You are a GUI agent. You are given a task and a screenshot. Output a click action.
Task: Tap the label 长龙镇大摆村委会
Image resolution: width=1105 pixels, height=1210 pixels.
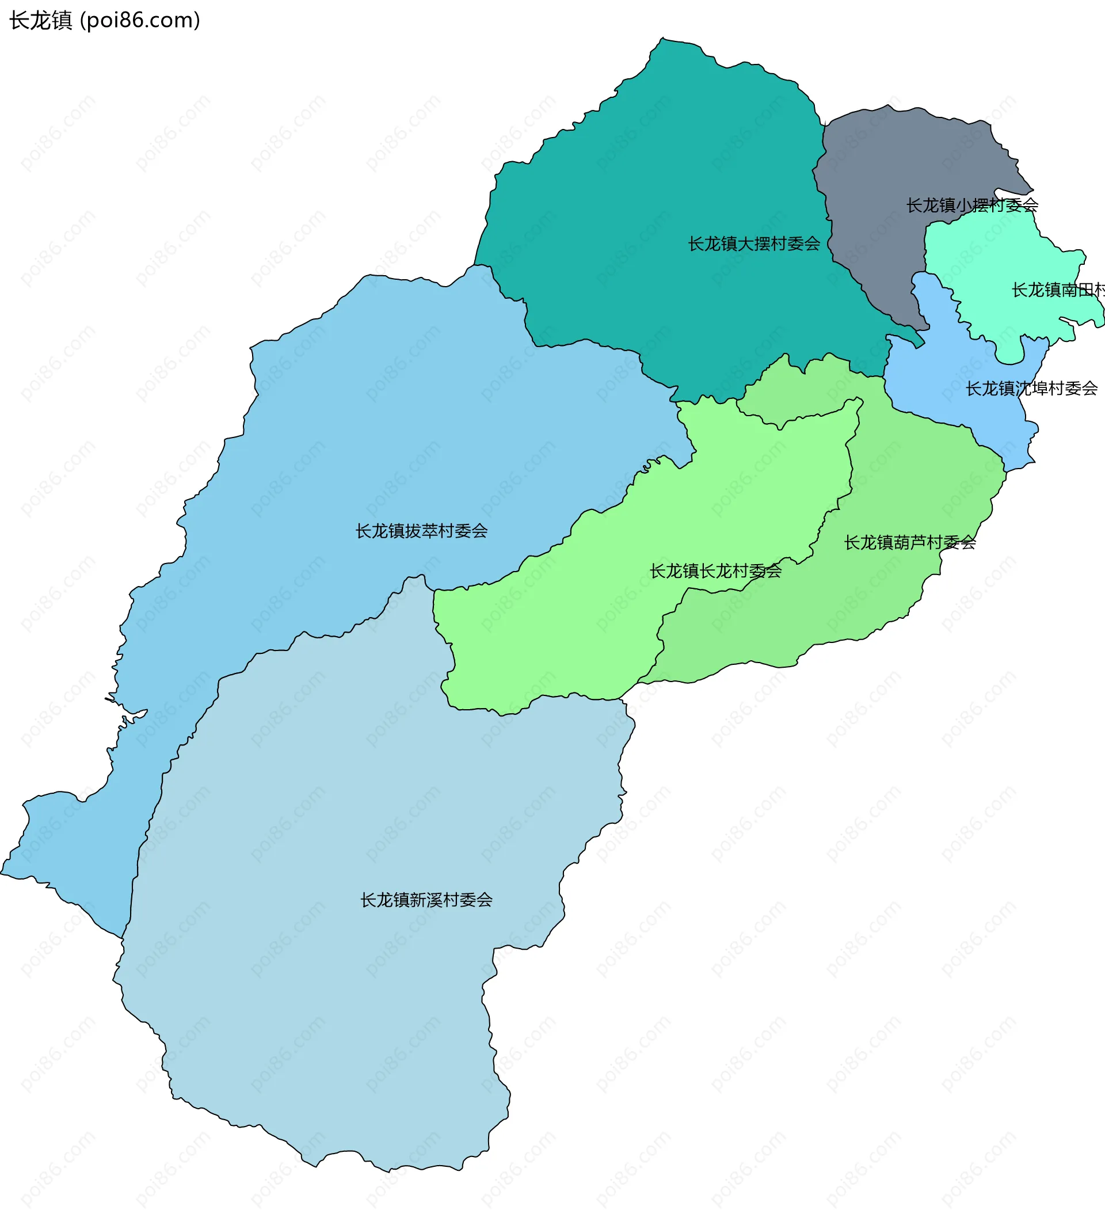pos(754,243)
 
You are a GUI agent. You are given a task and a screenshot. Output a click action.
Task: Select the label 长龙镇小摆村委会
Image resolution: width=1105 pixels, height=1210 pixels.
pos(971,206)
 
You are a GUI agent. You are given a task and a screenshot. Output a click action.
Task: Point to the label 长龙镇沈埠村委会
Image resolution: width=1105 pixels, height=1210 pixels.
pos(1031,389)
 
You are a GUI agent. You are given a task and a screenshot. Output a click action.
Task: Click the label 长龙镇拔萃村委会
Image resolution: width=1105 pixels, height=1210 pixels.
pos(421,531)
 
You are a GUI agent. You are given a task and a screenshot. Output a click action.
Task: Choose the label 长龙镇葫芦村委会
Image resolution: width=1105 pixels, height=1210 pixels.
pos(910,543)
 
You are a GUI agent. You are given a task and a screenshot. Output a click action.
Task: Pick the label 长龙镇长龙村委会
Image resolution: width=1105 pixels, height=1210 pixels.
pos(715,571)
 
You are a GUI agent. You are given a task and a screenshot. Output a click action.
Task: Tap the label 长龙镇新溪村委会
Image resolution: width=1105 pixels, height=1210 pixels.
pos(426,900)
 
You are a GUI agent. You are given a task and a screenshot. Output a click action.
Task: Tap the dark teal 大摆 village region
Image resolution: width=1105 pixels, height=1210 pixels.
pos(660,180)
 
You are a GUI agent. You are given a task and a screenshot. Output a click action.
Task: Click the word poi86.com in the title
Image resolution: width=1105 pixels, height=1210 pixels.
pos(140,20)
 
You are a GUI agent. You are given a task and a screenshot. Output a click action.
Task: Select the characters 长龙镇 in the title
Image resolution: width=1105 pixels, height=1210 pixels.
pos(41,20)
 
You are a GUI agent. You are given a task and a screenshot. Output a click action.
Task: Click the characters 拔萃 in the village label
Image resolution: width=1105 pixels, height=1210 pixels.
pos(422,531)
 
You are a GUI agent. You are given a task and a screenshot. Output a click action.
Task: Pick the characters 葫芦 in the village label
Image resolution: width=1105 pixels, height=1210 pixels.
pos(910,543)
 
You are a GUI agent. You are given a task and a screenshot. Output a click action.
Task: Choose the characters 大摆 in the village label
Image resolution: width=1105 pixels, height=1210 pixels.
pos(755,243)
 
